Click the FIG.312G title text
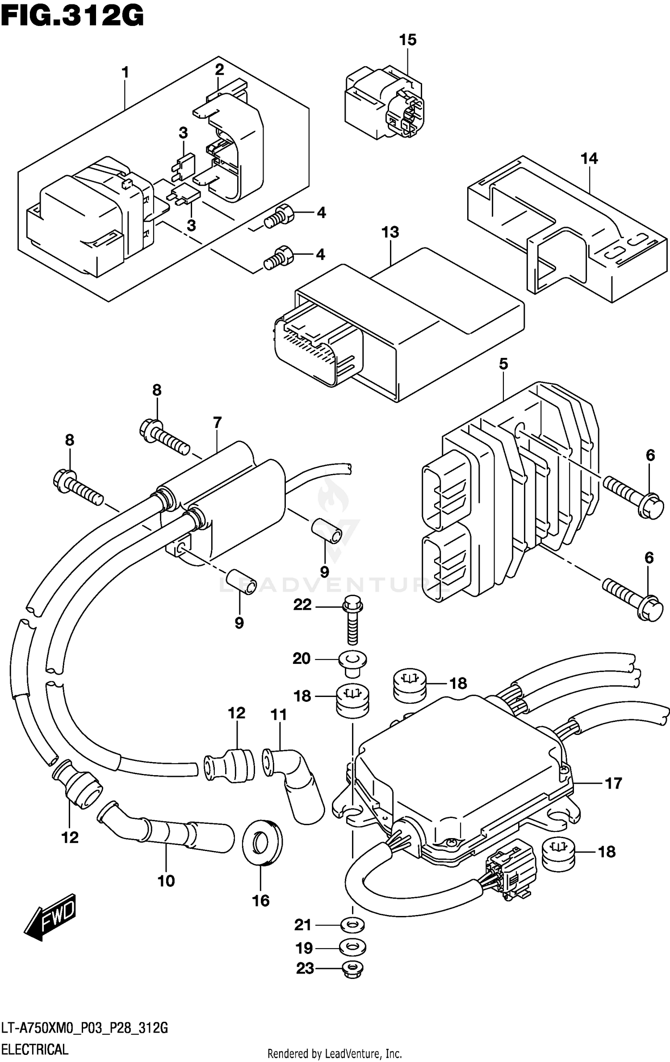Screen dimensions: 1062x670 tap(72, 17)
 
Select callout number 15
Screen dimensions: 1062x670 tap(407, 40)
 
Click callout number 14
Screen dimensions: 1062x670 tap(589, 159)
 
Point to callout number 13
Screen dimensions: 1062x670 tap(390, 232)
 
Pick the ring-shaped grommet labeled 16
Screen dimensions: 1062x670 tap(262, 843)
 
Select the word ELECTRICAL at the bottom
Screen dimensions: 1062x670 tap(35, 1048)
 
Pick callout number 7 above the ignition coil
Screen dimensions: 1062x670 tap(218, 422)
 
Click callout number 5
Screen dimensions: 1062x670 tap(503, 364)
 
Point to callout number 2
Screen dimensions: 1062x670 tap(219, 70)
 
